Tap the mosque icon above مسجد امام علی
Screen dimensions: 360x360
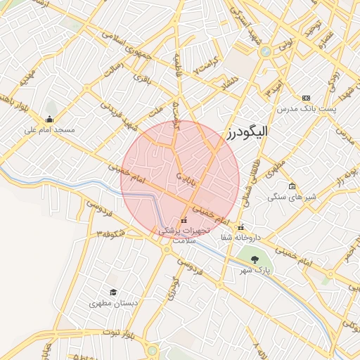(x=49, y=119)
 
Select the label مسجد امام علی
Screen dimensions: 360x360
(x=49, y=130)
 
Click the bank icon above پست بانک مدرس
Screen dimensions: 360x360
(x=305, y=98)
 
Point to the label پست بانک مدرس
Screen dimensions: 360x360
(x=306, y=109)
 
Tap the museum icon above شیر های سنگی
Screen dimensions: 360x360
(x=292, y=186)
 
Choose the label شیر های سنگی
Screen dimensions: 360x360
(x=292, y=198)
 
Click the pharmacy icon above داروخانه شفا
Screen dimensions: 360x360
(x=241, y=227)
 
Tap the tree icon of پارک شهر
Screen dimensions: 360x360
(x=264, y=259)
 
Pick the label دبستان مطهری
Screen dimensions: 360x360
(x=112, y=304)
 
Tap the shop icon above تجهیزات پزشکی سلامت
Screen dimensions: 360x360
(x=184, y=221)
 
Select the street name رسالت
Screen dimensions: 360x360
(x=114, y=70)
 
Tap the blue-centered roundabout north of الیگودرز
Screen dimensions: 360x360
(x=265, y=51)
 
